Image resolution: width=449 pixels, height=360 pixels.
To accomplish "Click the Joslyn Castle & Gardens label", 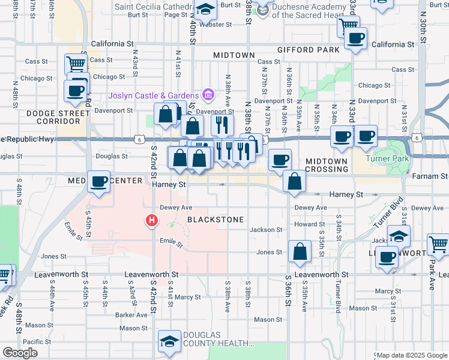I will click(x=154, y=96).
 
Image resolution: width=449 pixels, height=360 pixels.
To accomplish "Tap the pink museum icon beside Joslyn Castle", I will click(x=208, y=94).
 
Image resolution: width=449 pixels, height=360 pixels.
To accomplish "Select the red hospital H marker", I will click(x=152, y=221).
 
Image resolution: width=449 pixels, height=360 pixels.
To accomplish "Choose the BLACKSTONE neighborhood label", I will click(x=215, y=220).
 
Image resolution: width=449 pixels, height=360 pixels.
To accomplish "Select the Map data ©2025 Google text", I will click(x=411, y=355).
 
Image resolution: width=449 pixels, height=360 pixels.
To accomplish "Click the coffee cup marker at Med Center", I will click(x=98, y=181).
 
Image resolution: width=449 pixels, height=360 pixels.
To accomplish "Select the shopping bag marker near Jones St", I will click(x=300, y=253).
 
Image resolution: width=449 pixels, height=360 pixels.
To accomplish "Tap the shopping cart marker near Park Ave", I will click(x=438, y=245).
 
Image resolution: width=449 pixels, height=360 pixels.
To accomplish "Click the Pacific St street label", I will click(x=37, y=341).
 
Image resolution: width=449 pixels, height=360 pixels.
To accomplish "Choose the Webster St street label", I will click(x=215, y=25).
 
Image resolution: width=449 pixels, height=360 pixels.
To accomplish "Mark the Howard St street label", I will click(x=309, y=224).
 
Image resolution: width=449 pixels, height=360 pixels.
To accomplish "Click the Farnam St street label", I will click(x=431, y=176).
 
